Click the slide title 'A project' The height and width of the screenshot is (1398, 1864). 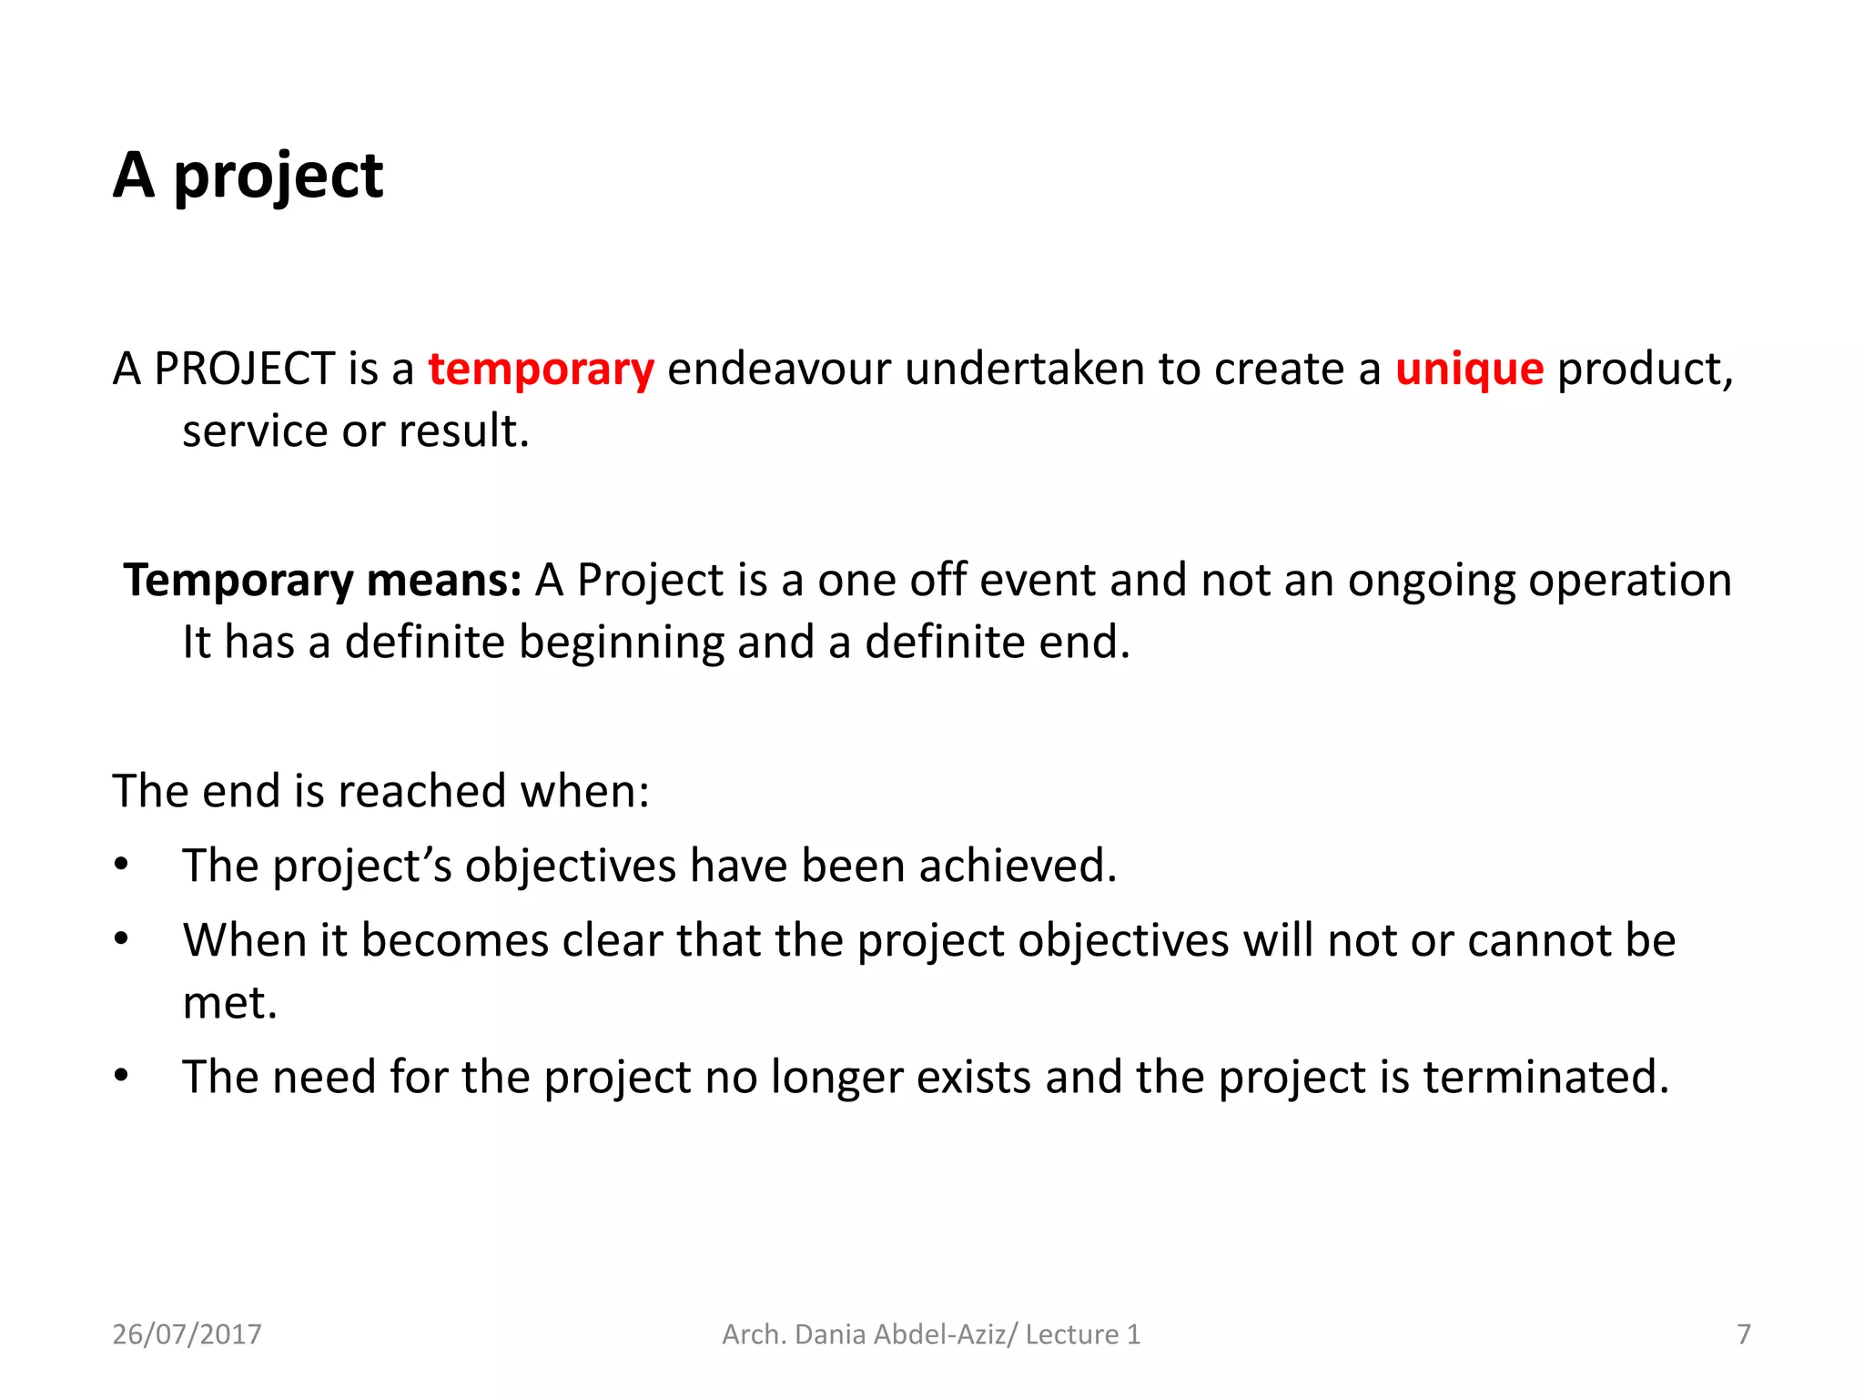pos(248,176)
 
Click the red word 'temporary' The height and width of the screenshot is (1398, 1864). pos(541,370)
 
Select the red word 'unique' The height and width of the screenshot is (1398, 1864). pos(1469,370)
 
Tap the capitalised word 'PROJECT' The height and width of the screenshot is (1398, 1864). pos(245,370)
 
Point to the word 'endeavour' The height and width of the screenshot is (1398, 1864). pos(778,370)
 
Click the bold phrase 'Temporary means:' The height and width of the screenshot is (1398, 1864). pos(322,581)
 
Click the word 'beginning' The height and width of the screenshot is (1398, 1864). pos(621,643)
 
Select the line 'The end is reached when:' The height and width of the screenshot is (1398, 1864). pos(380,790)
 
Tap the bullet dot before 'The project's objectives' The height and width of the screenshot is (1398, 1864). pos(121,865)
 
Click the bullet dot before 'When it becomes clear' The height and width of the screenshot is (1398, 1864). pos(121,939)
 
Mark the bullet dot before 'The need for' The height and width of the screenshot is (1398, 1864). pos(121,1077)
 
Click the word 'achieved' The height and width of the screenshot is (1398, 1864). pos(1014,865)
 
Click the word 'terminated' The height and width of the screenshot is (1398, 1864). pos(1542,1077)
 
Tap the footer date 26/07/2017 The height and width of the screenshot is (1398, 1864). pos(187,1334)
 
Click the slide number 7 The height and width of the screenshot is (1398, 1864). pos(1743,1334)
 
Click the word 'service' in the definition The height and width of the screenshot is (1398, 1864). pos(255,431)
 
